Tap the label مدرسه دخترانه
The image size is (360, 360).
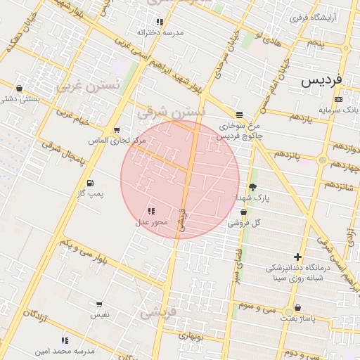click(x=160, y=32)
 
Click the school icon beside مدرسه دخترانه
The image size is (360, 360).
click(x=160, y=22)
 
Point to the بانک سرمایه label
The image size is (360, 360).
click(x=338, y=110)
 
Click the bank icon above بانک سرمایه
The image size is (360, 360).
click(x=338, y=100)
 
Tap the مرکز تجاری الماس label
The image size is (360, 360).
click(x=116, y=141)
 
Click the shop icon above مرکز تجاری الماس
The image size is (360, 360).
click(x=116, y=130)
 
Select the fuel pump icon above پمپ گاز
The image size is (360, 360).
click(x=89, y=183)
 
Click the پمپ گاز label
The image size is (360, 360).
click(x=89, y=193)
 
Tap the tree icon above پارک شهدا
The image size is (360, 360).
click(x=252, y=187)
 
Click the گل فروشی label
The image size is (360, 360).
click(x=244, y=222)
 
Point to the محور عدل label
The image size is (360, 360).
click(x=151, y=222)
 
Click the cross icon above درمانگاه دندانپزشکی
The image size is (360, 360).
click(x=297, y=257)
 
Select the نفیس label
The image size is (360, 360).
click(x=98, y=316)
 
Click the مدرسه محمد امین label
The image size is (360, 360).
click(x=65, y=349)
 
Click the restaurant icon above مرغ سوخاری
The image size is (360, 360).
click(x=240, y=114)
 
